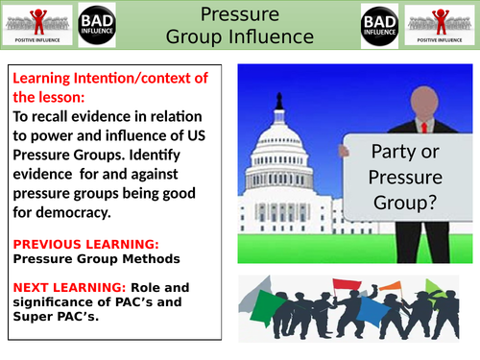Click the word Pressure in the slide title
coord(240,14)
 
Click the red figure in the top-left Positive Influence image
coord(38,19)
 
